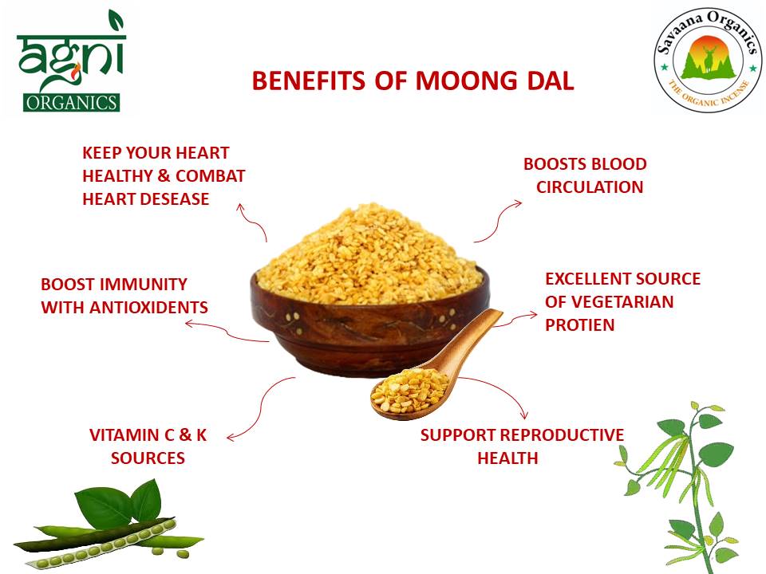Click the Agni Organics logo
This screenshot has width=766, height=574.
pos(70,62)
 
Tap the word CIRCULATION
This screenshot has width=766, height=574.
pos(590,187)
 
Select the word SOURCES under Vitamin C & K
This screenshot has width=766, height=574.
pos(148,458)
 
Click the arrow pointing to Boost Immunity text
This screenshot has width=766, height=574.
pos(223,331)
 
